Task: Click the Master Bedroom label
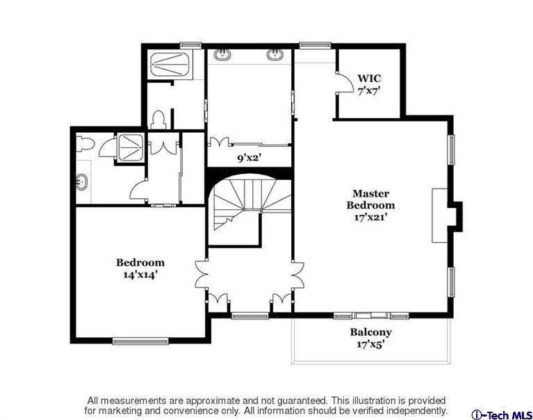click(370, 200)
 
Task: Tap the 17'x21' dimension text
click(370, 217)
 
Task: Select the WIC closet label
click(369, 78)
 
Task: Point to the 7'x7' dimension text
click(369, 91)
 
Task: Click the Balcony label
click(370, 332)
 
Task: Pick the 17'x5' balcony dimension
click(370, 344)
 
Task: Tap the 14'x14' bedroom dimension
click(140, 275)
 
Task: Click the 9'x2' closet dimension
click(249, 158)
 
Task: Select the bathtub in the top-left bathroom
click(170, 64)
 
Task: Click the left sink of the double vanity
click(222, 54)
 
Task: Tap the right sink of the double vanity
click(274, 54)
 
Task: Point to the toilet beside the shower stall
click(83, 143)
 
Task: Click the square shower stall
click(130, 147)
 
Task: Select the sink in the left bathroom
click(82, 181)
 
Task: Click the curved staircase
click(251, 202)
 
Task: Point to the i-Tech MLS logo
click(502, 415)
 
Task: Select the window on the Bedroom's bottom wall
click(140, 341)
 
